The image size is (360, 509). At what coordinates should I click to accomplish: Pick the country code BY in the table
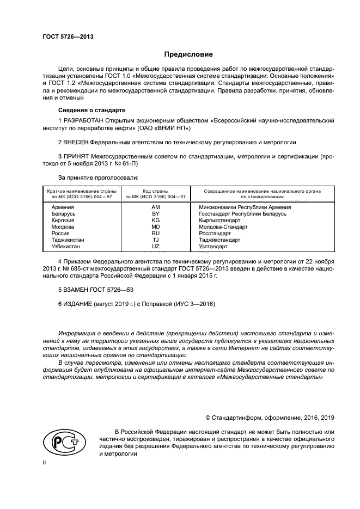[155, 214]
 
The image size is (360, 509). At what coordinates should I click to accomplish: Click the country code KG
[155, 220]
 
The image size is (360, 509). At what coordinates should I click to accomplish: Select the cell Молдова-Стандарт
[223, 227]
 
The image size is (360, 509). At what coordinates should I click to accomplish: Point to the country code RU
[155, 234]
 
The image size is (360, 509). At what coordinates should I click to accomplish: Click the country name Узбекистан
[66, 247]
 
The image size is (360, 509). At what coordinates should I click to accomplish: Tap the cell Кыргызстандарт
[220, 220]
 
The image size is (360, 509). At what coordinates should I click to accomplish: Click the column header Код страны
[156, 192]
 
